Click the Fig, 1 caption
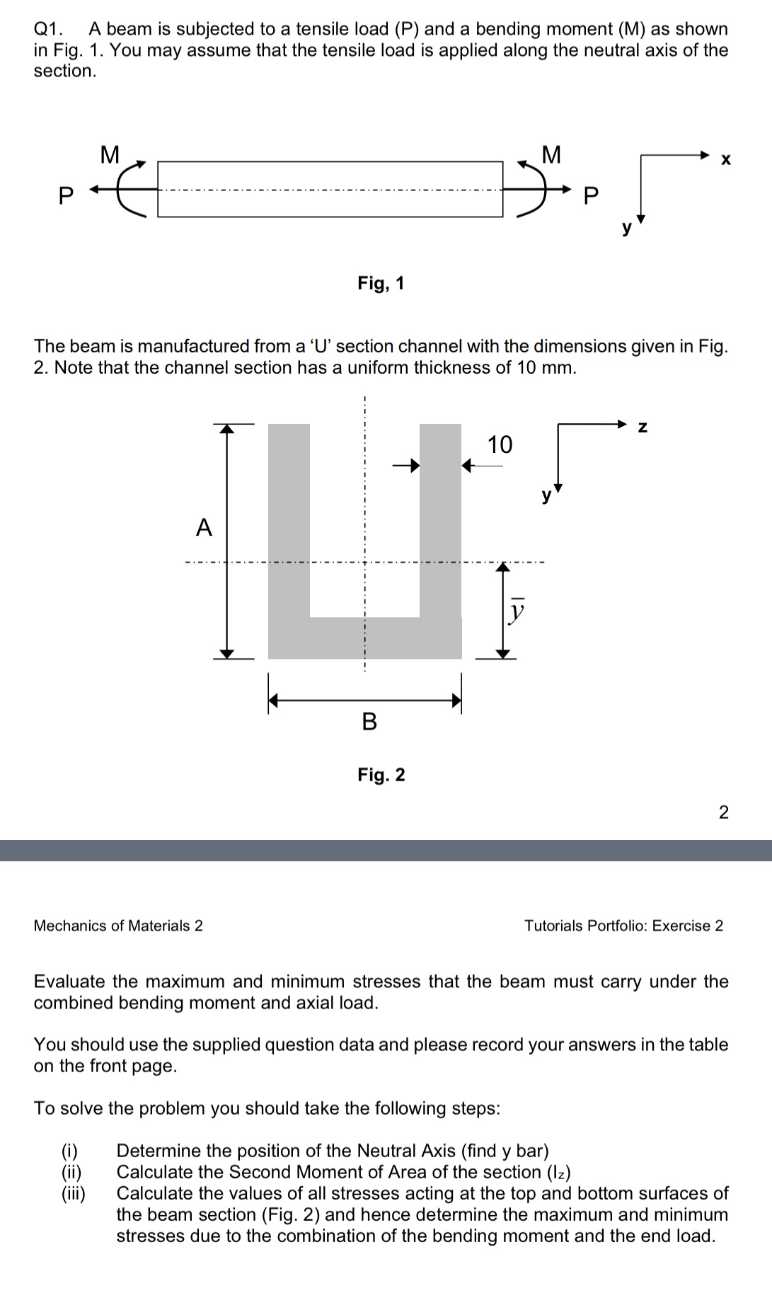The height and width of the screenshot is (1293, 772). pos(381,284)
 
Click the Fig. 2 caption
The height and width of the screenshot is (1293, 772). pos(381,775)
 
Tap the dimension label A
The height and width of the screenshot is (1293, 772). pos(204,527)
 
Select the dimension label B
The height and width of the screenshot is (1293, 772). pos(369,722)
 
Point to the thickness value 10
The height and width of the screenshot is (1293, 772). pos(500,444)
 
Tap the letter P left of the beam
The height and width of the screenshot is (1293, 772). pos(65,196)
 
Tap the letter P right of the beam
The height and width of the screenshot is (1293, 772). pos(591,196)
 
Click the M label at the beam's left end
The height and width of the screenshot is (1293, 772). pos(110,154)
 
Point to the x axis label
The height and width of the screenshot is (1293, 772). pos(725,160)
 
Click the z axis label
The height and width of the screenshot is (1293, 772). pos(643,427)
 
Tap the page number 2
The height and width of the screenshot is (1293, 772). pos(723,812)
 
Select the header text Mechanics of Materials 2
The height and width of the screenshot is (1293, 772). pos(118,926)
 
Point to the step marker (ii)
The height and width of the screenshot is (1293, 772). pos(72,1172)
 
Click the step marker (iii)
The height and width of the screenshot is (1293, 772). pos(72,1193)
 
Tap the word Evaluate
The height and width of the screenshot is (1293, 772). pos(69,982)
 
